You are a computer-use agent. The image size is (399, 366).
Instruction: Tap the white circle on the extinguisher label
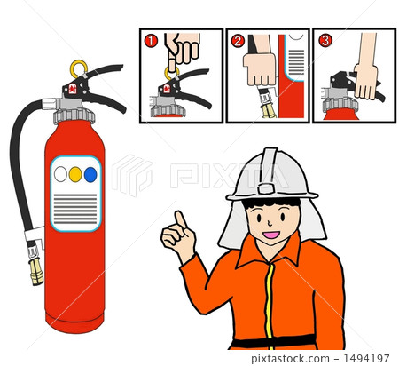[x=60, y=174]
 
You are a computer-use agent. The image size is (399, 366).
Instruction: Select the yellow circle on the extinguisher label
[x=75, y=174]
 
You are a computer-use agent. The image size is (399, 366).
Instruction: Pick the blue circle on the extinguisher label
[x=90, y=174]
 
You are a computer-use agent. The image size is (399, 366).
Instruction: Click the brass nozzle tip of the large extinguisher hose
[x=36, y=271]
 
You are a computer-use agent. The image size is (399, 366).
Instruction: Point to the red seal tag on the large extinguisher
[x=73, y=89]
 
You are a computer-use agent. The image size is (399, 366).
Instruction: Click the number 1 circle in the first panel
[x=151, y=41]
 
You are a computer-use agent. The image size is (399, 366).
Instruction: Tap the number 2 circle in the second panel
[x=238, y=41]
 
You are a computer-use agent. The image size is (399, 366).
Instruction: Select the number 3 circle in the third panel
[x=325, y=41]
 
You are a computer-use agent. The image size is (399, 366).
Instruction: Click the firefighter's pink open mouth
[x=271, y=235]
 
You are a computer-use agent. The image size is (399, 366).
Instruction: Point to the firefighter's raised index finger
[x=180, y=219]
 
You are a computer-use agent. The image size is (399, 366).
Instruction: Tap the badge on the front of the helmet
[x=266, y=188]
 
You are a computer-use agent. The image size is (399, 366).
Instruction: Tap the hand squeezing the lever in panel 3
[x=366, y=81]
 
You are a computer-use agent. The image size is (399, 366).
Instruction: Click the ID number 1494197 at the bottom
[x=366, y=358]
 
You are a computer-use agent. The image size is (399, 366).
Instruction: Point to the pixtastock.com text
[x=290, y=359]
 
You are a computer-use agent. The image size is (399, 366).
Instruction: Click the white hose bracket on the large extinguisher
[x=35, y=235]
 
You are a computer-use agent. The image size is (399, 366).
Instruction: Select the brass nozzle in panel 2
[x=269, y=110]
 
